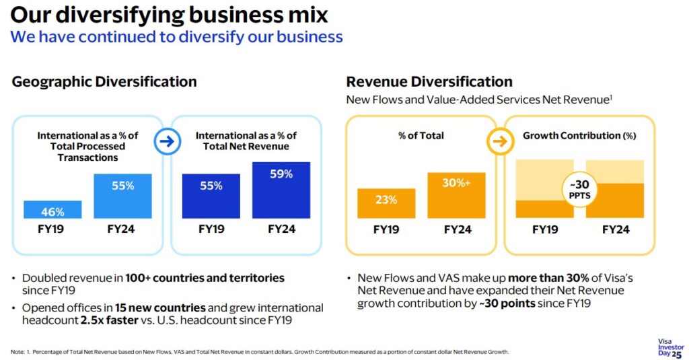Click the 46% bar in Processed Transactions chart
point(52,210)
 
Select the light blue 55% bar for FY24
point(122,196)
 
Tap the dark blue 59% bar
point(281,190)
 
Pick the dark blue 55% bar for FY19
point(211,196)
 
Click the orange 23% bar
point(386,203)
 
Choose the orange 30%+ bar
point(457,196)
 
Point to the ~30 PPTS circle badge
point(579,190)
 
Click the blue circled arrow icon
point(168,141)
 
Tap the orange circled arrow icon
point(500,141)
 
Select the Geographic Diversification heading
point(104,82)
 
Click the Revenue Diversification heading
point(429,82)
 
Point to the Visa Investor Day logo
point(671,348)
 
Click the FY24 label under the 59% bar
point(282,229)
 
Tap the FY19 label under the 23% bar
point(386,229)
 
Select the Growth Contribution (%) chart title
point(579,136)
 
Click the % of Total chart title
point(421,136)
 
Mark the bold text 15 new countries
point(160,308)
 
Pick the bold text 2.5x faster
point(110,320)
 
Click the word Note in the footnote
point(17,352)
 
